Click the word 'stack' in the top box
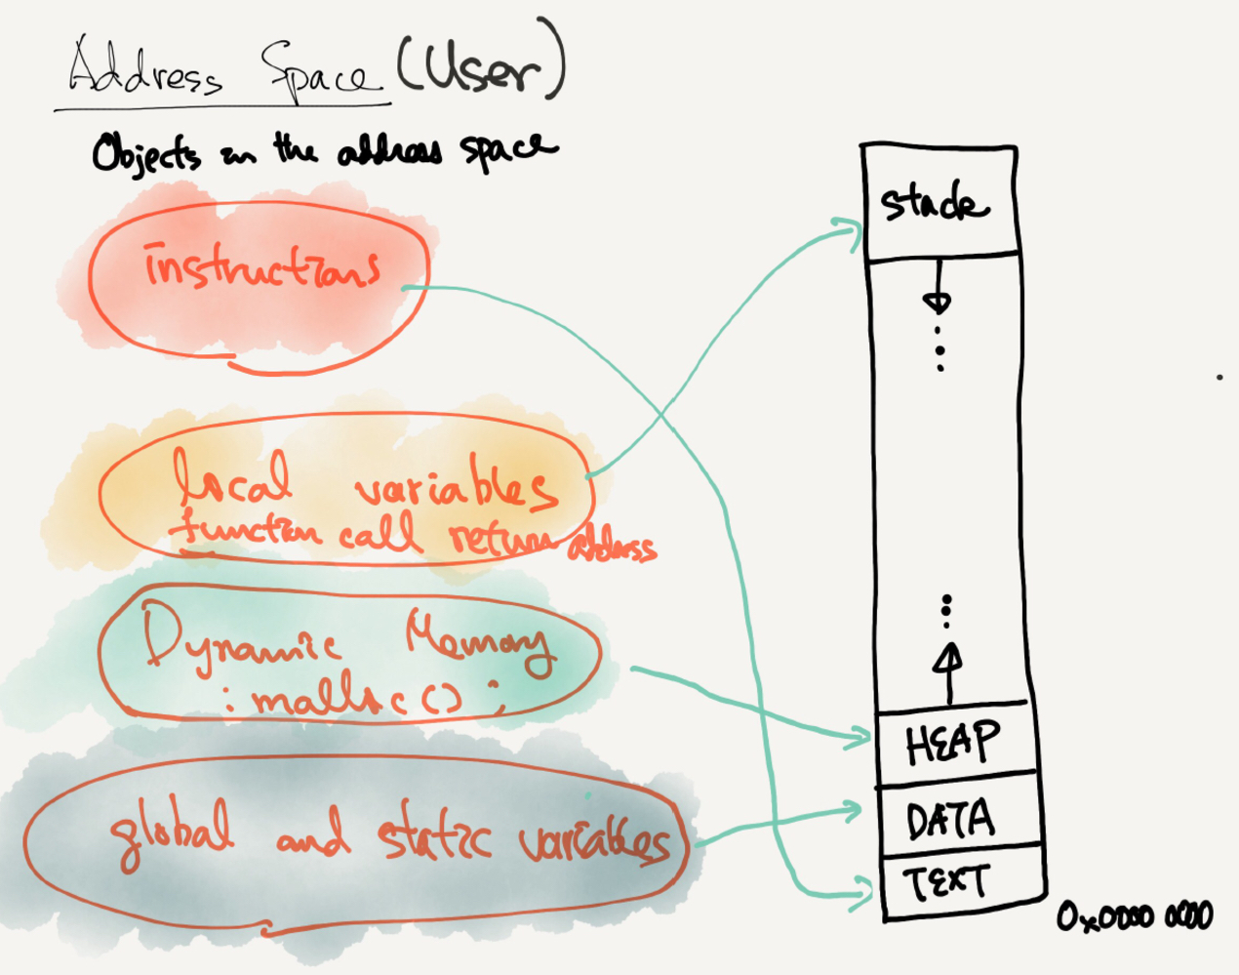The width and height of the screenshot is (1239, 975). pos(934,204)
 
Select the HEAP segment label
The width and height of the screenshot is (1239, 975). pos(952,744)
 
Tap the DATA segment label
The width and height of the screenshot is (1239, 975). pos(950,820)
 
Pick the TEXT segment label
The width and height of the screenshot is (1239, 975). pos(945,883)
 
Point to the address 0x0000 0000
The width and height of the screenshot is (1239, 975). pos(1135,917)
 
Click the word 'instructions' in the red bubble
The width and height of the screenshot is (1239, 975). pos(261,267)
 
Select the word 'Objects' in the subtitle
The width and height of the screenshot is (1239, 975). pos(146,154)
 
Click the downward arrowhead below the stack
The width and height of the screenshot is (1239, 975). pos(937,303)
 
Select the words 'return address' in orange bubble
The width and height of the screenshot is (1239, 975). pos(551,543)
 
